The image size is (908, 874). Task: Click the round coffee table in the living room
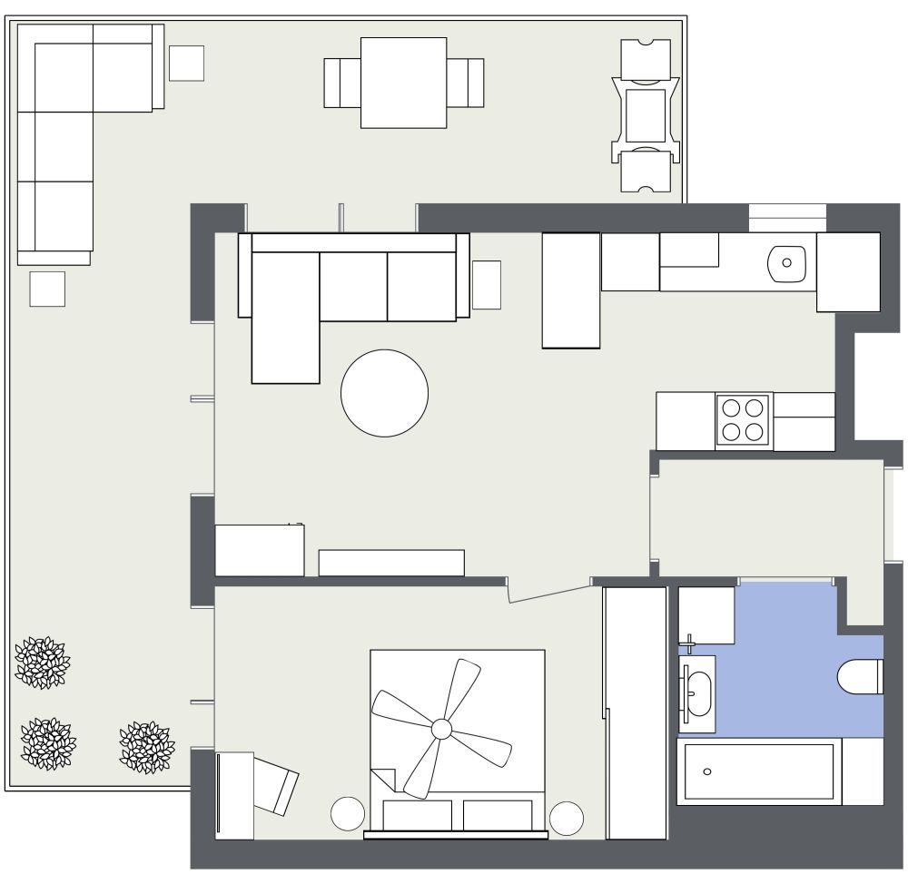tap(384, 393)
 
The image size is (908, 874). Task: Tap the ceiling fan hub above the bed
tap(441, 728)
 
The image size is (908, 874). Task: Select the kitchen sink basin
tap(786, 262)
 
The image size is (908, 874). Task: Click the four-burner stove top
tap(744, 419)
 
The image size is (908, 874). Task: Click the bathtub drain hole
tap(707, 771)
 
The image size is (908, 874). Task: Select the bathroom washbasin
tap(698, 692)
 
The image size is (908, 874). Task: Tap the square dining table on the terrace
tap(404, 83)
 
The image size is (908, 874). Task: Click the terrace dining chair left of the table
tap(342, 83)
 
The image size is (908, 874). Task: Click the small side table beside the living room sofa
tap(486, 284)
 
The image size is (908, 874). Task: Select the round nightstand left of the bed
tap(348, 813)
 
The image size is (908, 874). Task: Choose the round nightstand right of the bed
tap(567, 818)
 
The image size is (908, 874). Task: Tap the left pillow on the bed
tap(418, 814)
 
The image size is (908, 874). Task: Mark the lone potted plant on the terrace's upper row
tap(42, 663)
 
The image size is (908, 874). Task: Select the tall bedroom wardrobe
tap(636, 712)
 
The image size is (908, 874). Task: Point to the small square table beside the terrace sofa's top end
tap(186, 64)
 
